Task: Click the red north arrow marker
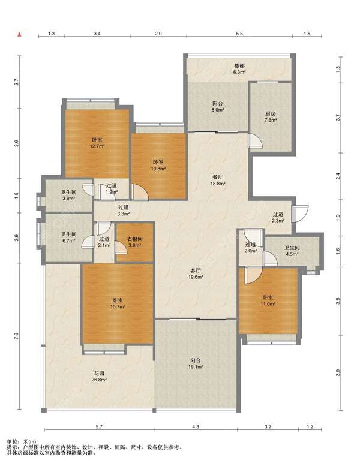pos(20,34)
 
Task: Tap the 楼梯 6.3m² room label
pos(239,68)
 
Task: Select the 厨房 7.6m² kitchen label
pos(271,117)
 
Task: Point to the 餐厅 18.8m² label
pos(218,180)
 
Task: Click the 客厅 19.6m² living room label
pos(196,273)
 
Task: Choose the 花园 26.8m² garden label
pos(99,376)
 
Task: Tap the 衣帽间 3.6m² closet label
pos(135,242)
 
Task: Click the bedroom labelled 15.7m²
pos(118,303)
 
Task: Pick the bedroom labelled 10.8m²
pos(158,166)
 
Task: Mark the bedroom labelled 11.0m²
pos(268,300)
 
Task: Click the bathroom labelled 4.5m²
pos(292,251)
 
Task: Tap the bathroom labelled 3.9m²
pos(68,196)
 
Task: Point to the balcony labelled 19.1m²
pos(196,363)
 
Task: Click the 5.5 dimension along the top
pos(239,34)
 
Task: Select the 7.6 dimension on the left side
pos(16,336)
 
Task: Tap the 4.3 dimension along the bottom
pos(196,426)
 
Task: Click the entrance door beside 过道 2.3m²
pos(299,214)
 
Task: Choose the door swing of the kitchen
pos(256,140)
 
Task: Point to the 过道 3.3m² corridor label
pos(124,210)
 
